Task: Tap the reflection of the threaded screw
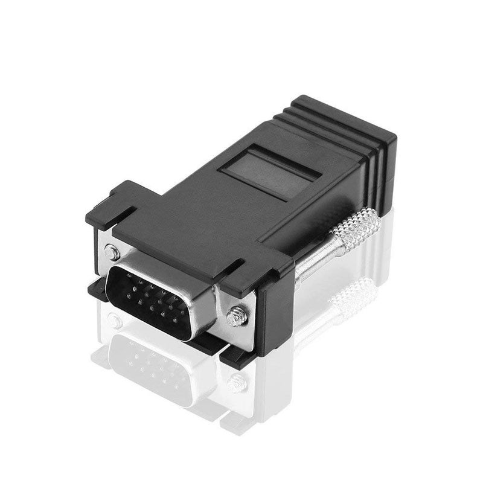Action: point(237,382)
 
